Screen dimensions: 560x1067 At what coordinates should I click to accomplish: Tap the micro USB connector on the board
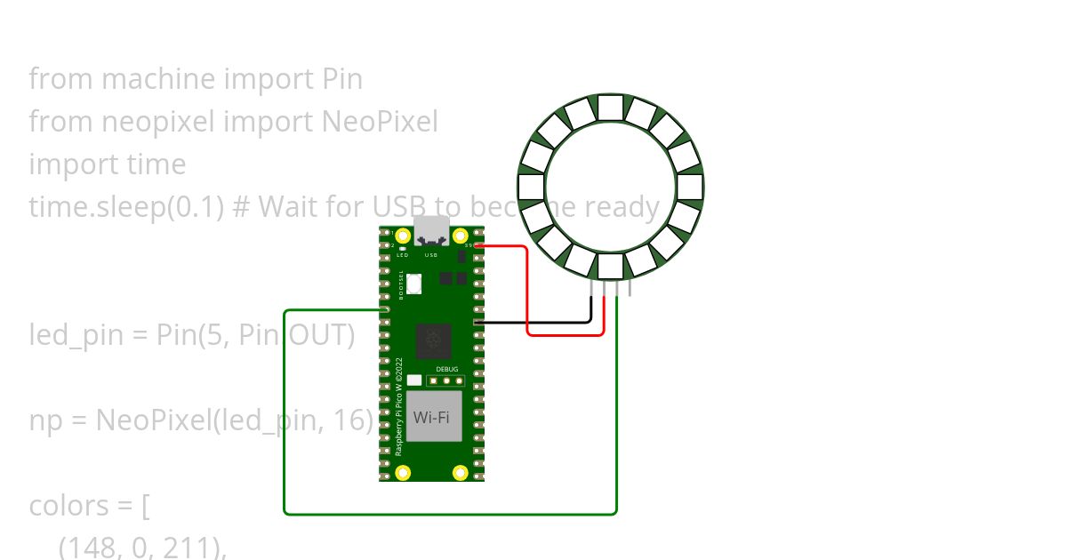pos(431,230)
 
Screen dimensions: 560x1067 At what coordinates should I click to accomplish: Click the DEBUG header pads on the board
pos(446,381)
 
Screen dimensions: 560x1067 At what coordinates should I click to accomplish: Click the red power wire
pos(528,293)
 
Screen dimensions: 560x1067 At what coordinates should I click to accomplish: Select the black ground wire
pos(533,322)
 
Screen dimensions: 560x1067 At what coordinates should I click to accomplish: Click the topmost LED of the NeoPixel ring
pos(610,108)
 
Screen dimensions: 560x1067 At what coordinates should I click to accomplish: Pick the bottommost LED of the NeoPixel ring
pos(610,266)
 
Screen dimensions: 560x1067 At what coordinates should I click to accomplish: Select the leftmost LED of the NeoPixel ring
pos(531,187)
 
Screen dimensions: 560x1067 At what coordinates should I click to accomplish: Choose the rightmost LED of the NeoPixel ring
pos(690,187)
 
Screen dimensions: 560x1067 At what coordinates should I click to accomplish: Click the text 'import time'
pos(108,164)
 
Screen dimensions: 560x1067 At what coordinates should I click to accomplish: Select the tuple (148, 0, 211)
pos(142,548)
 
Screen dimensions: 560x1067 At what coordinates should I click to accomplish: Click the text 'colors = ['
pos(90,506)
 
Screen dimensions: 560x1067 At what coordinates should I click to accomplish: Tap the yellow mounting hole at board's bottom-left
pos(403,472)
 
